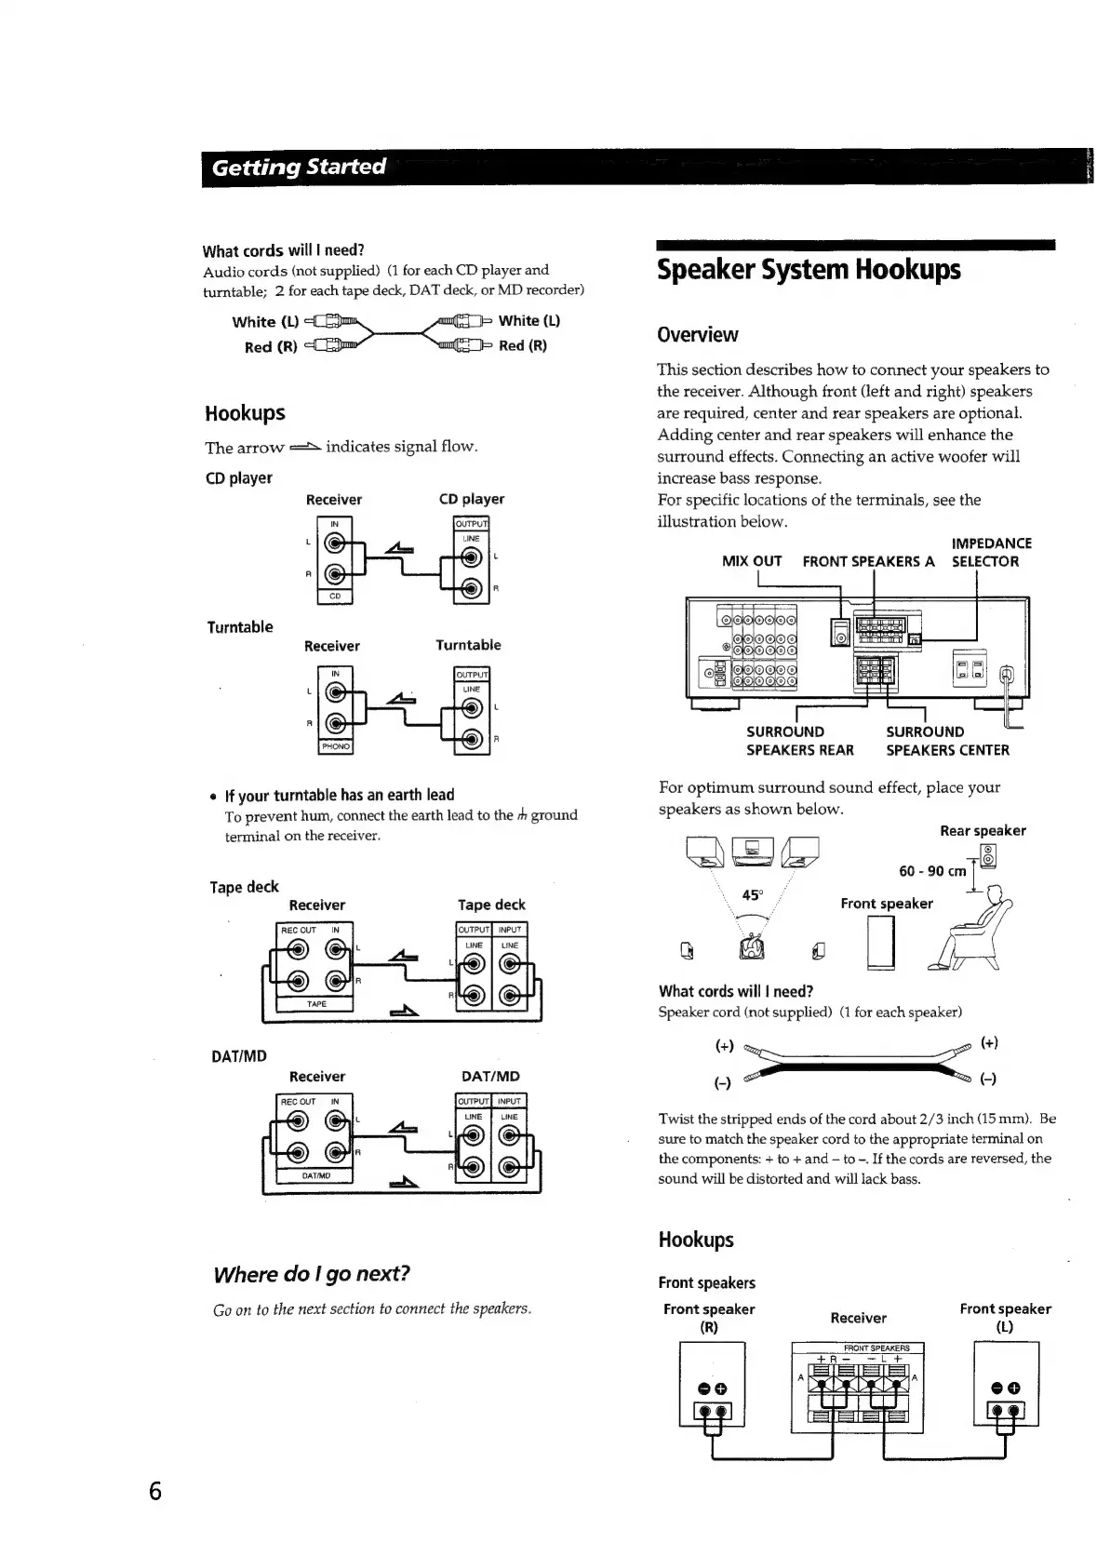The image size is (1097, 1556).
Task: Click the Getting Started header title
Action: (x=299, y=168)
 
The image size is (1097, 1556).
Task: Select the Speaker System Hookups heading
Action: (x=808, y=270)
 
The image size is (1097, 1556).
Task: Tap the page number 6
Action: (x=155, y=1490)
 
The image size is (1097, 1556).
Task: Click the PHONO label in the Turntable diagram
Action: (x=335, y=746)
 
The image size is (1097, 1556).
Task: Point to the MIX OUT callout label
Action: (x=752, y=561)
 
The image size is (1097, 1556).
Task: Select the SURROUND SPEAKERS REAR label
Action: (x=798, y=741)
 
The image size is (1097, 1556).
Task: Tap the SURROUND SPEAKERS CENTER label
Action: (x=946, y=741)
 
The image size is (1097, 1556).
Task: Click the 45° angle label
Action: (x=752, y=895)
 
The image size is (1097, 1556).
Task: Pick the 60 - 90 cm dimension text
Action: (x=932, y=871)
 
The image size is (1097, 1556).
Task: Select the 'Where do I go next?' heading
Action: (x=312, y=1274)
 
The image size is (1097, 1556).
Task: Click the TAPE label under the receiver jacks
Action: (x=316, y=1004)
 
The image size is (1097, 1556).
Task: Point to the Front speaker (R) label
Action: (x=709, y=1317)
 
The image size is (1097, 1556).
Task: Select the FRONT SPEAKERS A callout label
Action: (x=868, y=561)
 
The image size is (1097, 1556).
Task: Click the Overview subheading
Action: (x=697, y=335)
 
